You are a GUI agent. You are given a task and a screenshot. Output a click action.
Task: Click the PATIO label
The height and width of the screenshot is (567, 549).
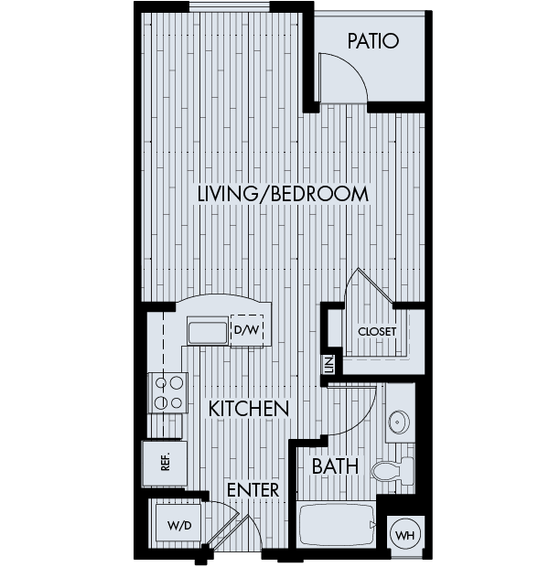[x=373, y=41]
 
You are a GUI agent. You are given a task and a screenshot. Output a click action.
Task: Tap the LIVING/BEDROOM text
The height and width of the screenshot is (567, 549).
[x=283, y=194]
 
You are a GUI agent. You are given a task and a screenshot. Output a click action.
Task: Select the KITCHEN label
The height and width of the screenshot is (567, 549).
[x=249, y=409]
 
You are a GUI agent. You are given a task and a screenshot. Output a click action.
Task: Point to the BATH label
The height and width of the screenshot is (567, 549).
[x=335, y=465]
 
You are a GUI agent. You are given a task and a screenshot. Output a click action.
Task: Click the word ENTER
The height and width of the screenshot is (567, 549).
[x=253, y=490]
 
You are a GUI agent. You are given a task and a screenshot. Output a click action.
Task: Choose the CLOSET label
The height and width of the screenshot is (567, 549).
[x=377, y=332]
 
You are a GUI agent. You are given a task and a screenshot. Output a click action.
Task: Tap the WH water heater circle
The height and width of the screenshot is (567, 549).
[x=405, y=535]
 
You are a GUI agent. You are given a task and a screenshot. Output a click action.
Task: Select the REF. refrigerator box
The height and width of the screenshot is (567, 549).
[x=165, y=464]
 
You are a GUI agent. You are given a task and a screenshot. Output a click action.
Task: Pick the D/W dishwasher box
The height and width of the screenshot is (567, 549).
[x=247, y=329]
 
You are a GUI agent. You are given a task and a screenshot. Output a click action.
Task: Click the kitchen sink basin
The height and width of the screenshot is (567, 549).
[x=208, y=330]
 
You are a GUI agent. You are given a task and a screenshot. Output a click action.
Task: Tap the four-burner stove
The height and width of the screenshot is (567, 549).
[x=168, y=392]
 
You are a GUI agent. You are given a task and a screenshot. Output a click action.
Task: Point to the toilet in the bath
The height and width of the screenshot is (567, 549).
[x=393, y=471]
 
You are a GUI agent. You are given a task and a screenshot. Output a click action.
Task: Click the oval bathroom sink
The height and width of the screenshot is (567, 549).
[x=399, y=422]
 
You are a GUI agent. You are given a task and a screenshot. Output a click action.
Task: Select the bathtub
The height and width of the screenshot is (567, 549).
[x=336, y=524]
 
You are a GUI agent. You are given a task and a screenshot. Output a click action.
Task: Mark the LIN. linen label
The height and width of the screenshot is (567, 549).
[x=329, y=365]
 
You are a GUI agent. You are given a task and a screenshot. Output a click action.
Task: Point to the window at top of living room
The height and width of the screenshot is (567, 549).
[x=230, y=7]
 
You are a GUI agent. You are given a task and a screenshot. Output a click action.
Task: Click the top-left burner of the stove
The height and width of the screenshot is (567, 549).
[x=161, y=382]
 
